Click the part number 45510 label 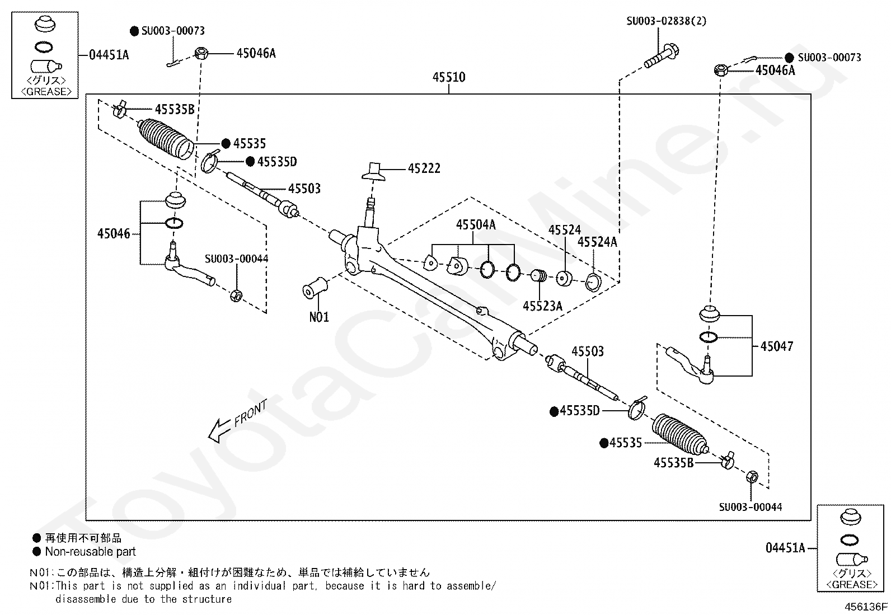point(449,77)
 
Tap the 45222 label point(424,168)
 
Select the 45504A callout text point(476,225)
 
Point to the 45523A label point(542,306)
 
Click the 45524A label point(597,242)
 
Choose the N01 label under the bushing point(319,317)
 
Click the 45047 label point(776,346)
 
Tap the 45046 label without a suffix point(114,233)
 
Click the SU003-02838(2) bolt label point(666,21)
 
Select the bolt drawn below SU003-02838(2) point(661,57)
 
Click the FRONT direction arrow point(219,430)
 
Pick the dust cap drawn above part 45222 point(373,172)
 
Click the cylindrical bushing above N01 point(315,288)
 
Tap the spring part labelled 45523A point(539,275)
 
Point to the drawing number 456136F point(866,607)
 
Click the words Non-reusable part point(90,551)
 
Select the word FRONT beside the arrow point(251,413)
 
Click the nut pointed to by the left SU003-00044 point(236,295)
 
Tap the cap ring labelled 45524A point(593,282)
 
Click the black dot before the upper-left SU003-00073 point(135,31)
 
